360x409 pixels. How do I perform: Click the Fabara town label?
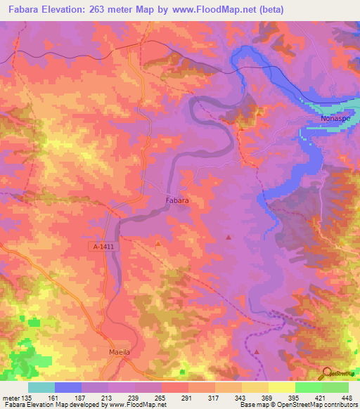coord(176,201)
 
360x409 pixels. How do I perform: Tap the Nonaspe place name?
coord(326,119)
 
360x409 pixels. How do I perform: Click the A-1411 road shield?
coord(102,247)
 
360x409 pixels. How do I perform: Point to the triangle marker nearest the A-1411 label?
coord(157,244)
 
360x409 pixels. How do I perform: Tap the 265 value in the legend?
coord(160,397)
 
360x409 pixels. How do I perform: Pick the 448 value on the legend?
coord(347,397)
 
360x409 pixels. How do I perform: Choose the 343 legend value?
coord(240,397)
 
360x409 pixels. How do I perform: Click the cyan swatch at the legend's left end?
coord(41,387)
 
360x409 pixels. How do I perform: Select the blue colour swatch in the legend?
coord(68,387)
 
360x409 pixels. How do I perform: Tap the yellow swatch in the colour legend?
coord(282,387)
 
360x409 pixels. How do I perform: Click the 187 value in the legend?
coord(80,397)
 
